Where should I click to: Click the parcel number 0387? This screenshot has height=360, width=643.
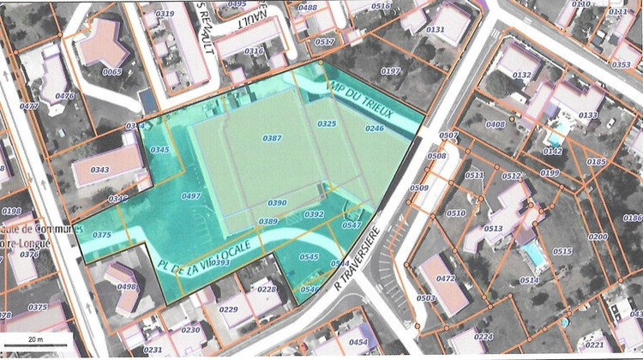coord(272,138)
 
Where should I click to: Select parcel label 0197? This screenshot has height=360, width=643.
coord(390,71)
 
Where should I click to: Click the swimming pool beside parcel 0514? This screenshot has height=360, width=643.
coord(532,254)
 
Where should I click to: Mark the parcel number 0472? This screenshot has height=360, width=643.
coord(446,279)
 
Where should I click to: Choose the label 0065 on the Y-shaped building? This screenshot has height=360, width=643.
coord(111,72)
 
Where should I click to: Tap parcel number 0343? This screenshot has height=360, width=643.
coord(99,170)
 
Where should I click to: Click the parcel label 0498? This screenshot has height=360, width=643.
coord(126,287)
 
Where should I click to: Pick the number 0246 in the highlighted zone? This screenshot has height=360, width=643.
coord(375,129)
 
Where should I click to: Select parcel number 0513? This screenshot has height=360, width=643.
coord(493,229)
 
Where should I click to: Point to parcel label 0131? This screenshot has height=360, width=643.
coord(436,30)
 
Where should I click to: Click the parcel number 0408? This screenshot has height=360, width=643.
coord(495,125)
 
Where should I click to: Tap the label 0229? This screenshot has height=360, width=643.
coord(229,309)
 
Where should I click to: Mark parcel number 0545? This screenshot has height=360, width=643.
coord(309,256)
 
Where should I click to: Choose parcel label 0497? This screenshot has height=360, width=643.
coord(192,196)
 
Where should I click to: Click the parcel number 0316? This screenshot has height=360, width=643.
coord(254,51)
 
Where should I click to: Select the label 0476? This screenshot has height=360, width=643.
coord(64,96)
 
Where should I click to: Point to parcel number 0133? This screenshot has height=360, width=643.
coord(588,115)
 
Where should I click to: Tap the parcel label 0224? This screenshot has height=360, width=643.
coord(484,337)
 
